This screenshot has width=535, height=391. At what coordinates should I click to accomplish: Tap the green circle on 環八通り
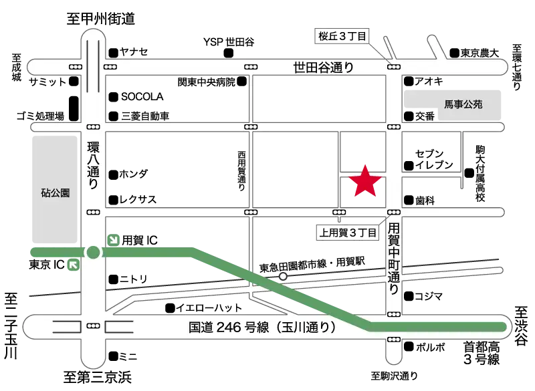93,253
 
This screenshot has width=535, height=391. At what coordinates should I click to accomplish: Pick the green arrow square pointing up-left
73,265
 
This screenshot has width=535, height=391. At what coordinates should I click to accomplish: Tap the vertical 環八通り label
93,165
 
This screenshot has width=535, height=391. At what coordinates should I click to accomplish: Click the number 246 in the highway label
230,328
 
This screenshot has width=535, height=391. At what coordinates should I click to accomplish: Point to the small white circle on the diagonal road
284,275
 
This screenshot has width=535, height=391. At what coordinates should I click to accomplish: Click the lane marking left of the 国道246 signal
66,327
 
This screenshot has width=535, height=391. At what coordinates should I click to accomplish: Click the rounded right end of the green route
502,326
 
